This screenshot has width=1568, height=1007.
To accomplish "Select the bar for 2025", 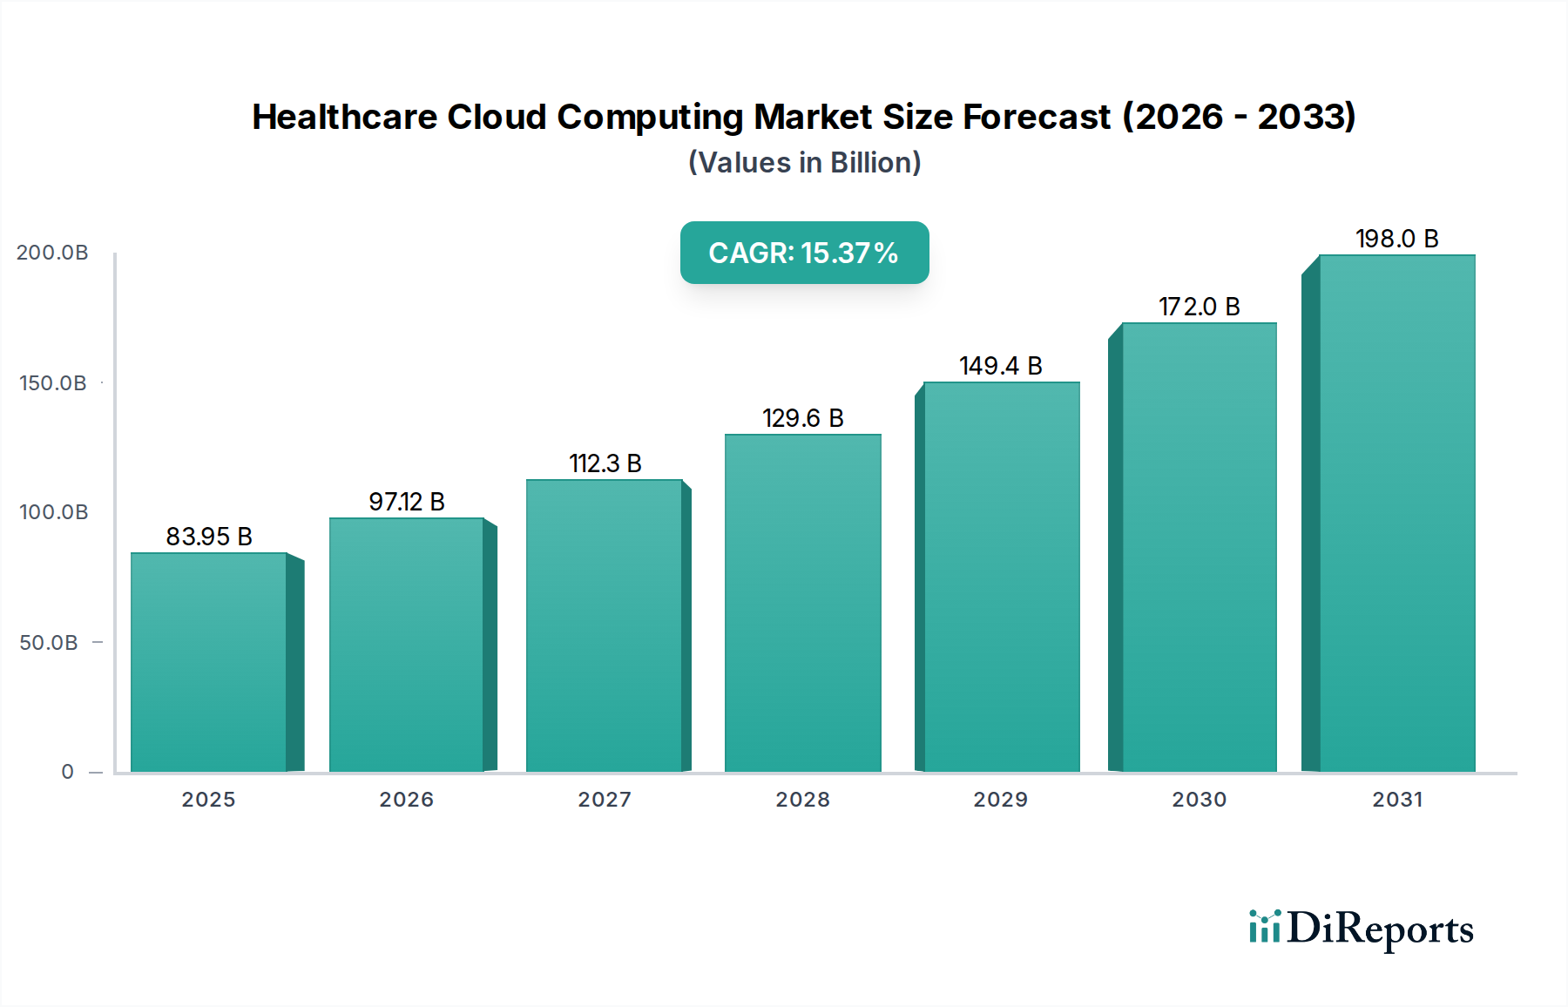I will click(x=209, y=662).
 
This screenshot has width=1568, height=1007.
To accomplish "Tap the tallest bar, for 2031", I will click(x=1396, y=514).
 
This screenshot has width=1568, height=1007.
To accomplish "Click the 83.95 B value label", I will click(x=209, y=537).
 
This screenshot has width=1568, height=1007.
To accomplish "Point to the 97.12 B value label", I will click(x=407, y=502).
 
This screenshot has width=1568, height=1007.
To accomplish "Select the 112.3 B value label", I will click(x=605, y=463).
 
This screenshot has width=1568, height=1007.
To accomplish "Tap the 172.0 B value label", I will click(x=1199, y=307).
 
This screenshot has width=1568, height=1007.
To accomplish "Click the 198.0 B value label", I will click(x=1396, y=239).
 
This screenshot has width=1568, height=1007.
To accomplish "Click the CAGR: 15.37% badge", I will click(x=804, y=253).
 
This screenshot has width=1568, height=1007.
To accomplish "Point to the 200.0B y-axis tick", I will click(x=52, y=253).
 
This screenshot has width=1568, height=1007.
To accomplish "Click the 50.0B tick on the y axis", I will click(x=49, y=643).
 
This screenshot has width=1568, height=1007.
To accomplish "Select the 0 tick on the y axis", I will click(x=68, y=772).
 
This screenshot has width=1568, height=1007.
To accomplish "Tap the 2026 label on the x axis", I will click(x=407, y=800).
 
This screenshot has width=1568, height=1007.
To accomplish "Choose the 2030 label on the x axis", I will click(x=1199, y=800).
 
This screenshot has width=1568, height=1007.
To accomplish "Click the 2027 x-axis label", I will click(x=605, y=800).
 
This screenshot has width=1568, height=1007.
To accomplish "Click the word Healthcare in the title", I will click(x=344, y=117).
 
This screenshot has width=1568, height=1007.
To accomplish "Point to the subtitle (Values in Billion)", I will click(x=804, y=163).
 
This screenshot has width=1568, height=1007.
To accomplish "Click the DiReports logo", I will click(x=1361, y=929).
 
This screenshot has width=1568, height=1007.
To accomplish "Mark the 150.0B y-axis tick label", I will click(x=52, y=383).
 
